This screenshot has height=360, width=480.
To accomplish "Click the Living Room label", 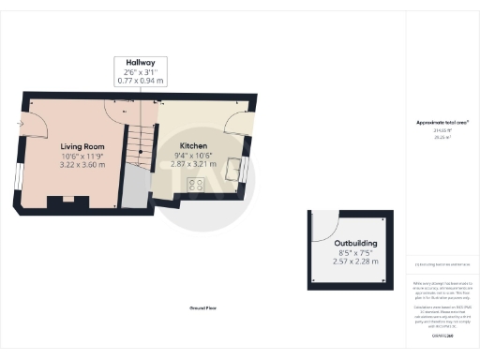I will pos(82,147).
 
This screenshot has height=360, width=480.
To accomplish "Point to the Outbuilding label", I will pos(355,242).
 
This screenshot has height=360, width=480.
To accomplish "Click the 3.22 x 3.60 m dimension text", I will pos(82,165).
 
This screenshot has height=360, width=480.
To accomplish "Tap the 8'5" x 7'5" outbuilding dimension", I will pos(355,251).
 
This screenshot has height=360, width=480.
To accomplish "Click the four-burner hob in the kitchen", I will pos(198,185).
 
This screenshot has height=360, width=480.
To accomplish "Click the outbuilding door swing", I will pos(324,226).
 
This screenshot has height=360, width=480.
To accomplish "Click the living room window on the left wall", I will pos(17,175).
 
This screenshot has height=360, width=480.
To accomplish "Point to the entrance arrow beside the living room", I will pos(18,123).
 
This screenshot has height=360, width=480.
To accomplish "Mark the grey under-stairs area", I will pos(136,187).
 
